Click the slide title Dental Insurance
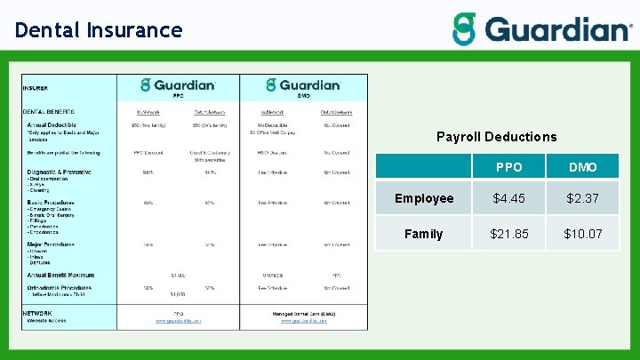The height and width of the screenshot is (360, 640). click(x=99, y=30)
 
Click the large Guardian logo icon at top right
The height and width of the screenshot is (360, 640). click(x=464, y=29)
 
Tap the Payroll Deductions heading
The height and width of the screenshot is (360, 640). click(x=496, y=137)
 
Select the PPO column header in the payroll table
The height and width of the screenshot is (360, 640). click(x=509, y=167)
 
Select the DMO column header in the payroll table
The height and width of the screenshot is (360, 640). click(x=582, y=167)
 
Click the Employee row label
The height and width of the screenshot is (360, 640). click(x=424, y=198)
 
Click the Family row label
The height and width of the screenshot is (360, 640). click(x=424, y=234)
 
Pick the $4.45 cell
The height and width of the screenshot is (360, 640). click(x=509, y=198)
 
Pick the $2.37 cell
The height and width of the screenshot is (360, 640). click(x=582, y=198)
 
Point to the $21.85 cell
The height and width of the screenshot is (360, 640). click(x=509, y=234)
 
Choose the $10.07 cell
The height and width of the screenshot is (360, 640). click(x=582, y=234)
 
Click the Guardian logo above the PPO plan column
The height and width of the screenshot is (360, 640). click(x=179, y=85)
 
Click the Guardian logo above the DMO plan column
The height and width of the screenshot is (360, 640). click(x=303, y=85)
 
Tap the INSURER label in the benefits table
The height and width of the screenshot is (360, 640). click(x=36, y=88)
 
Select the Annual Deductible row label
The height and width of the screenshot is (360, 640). click(x=52, y=124)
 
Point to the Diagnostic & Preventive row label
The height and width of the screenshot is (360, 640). click(x=60, y=172)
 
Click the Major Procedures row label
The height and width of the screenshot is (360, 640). click(x=52, y=244)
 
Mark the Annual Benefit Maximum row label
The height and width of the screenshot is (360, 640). click(x=60, y=275)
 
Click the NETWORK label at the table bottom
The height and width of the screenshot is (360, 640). click(x=37, y=313)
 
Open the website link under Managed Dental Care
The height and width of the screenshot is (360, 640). click(x=303, y=321)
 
